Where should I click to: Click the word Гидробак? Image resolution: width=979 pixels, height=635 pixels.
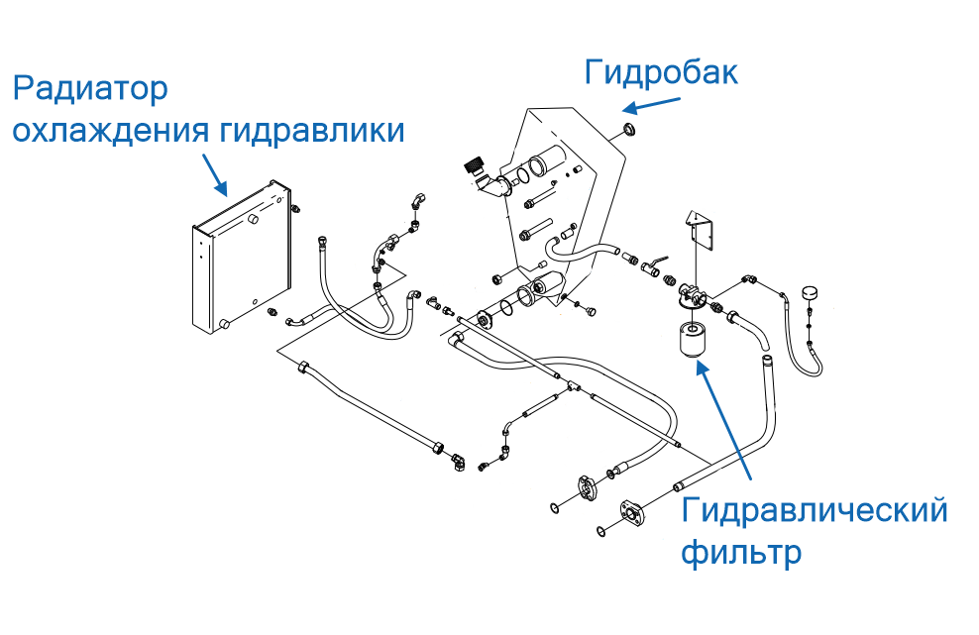click(661, 72)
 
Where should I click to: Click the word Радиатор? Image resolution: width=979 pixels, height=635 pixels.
click(90, 89)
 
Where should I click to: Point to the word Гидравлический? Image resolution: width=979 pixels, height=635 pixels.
click(815, 511)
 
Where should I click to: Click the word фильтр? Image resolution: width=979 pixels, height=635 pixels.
click(741, 552)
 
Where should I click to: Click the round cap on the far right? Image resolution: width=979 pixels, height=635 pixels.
click(810, 294)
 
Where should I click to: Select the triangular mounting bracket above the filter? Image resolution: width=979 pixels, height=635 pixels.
click(702, 229)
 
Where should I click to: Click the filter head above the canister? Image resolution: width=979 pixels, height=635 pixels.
click(693, 294)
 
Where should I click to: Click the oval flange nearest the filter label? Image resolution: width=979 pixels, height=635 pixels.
click(629, 511)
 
